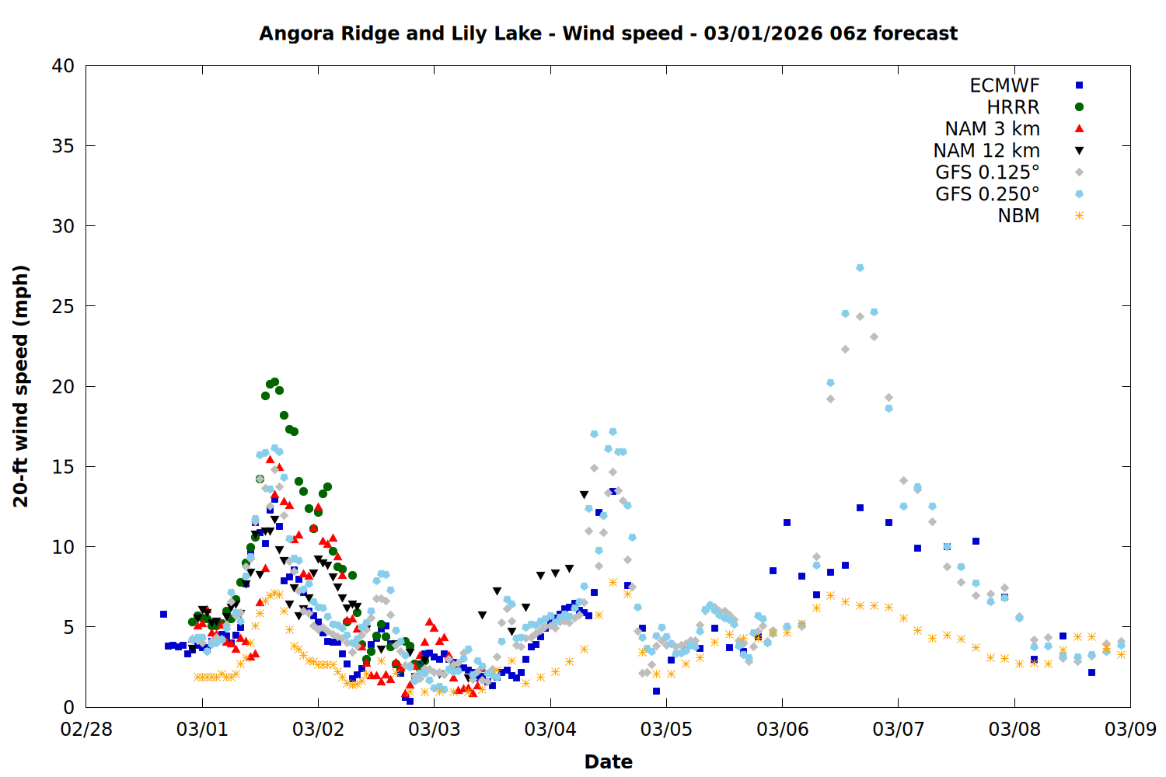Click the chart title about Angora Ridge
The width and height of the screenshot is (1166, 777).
coord(608,33)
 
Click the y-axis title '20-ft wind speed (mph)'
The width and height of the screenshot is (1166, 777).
coord(21,386)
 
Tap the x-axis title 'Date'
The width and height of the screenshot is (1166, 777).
coord(608,761)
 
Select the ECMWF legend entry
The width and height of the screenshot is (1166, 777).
coord(1004,85)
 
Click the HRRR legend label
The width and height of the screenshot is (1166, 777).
coord(1013,107)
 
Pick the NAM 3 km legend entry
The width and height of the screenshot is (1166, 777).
coord(992,129)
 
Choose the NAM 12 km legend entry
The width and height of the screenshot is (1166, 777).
coord(986,151)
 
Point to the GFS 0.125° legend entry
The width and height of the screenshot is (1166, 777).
coord(987,172)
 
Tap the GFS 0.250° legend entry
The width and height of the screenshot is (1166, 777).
coord(987,194)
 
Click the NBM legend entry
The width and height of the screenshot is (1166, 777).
coord(1018,216)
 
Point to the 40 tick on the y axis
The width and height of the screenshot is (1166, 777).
coord(63,66)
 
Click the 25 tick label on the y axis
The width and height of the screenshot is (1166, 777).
coord(63,306)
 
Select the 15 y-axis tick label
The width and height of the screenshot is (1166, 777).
coord(63,466)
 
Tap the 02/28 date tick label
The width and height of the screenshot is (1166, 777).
coord(86,729)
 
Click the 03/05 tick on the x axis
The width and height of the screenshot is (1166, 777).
coord(666,729)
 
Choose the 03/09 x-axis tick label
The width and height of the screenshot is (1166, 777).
coord(1130,729)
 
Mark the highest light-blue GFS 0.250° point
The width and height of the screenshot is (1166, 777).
coord(860,267)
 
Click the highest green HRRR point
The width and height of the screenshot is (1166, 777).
coord(274,382)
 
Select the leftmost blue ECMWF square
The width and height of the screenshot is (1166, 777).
coord(163,614)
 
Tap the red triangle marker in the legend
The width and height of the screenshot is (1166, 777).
coord(1079,129)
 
